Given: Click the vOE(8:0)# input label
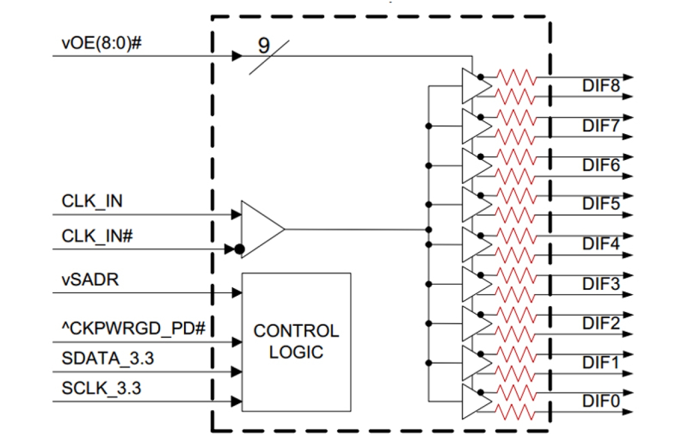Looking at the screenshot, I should (101, 44).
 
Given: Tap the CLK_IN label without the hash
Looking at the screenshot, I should (92, 202).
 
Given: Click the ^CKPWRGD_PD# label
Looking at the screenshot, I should (133, 329).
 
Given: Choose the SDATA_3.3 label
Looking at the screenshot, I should (108, 359).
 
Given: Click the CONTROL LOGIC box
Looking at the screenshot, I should (296, 342).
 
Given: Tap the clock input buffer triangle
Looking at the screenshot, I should (260, 229).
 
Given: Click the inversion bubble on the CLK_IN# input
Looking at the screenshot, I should (239, 250).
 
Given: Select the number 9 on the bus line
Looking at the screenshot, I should (264, 46).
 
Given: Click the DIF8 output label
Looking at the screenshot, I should (601, 87).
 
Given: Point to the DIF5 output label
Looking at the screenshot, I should (601, 204).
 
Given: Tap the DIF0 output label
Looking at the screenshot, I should (601, 402).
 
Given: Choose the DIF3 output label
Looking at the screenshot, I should (601, 284).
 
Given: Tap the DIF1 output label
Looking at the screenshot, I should (601, 363).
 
